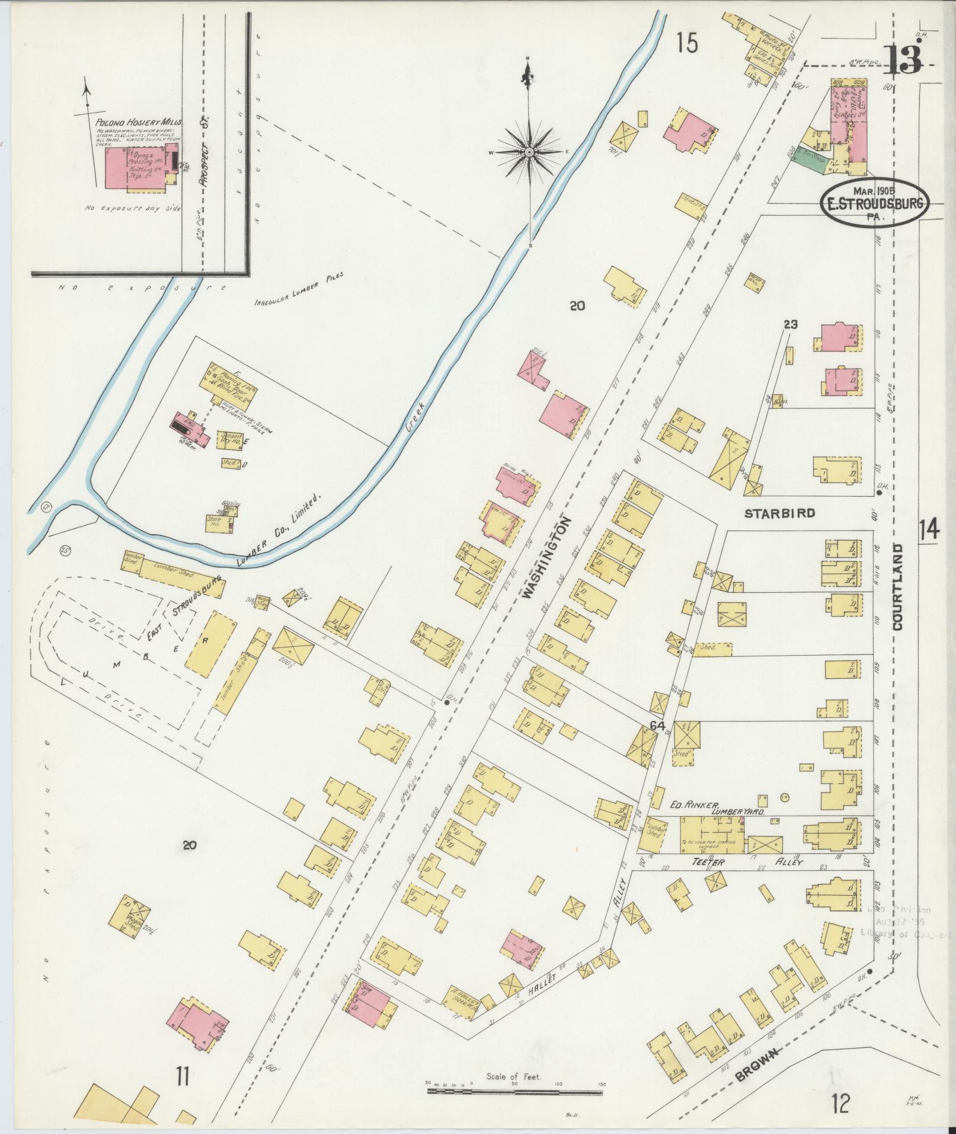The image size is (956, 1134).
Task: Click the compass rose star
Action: coord(528,152)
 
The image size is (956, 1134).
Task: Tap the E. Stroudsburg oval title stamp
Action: coord(874,203)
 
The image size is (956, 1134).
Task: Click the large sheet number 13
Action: coord(904,59)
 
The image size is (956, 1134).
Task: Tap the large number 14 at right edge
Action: coord(929,529)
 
